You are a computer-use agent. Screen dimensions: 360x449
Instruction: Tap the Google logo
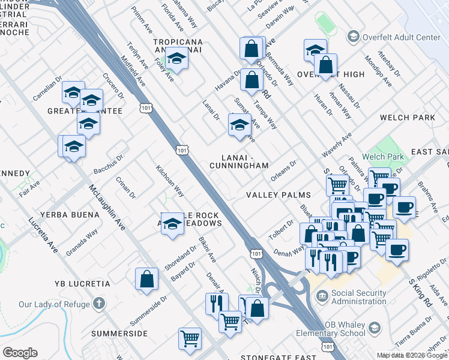(20, 353)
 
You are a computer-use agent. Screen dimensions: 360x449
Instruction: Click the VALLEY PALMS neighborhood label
(279, 195)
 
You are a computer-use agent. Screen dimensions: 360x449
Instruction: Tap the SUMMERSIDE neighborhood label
(119, 333)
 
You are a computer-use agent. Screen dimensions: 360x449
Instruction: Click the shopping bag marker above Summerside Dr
(146, 279)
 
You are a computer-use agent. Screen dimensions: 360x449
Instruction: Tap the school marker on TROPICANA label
(176, 59)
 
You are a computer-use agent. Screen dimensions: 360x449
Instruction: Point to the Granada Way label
(82, 242)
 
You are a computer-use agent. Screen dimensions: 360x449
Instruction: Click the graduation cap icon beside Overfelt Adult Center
(354, 37)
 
